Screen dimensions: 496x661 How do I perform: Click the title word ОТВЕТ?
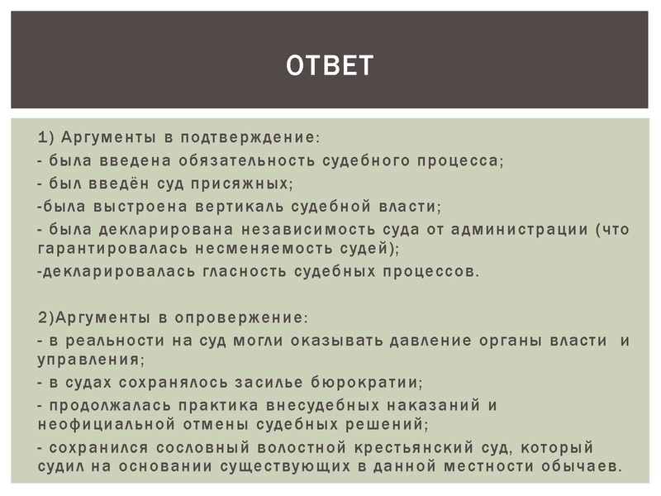click(330, 64)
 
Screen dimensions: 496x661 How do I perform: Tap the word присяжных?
click(251, 182)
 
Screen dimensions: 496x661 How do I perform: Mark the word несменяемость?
click(254, 247)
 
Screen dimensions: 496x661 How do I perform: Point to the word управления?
click(90, 360)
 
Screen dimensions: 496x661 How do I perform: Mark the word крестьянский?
click(397, 448)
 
